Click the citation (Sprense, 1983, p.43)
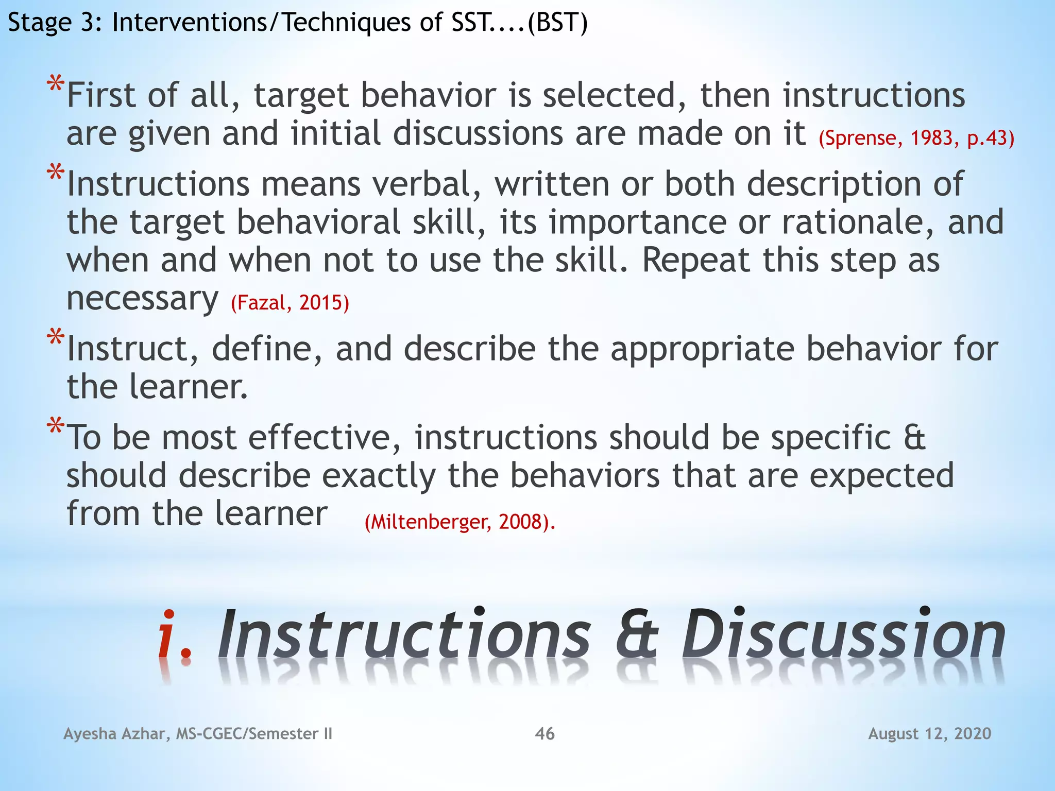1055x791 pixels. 916,138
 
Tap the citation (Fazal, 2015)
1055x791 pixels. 290,302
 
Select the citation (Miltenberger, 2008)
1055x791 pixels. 460,522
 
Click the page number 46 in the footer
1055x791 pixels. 544,733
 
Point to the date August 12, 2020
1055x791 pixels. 929,733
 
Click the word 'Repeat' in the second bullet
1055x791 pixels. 695,260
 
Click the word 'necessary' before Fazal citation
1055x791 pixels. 142,299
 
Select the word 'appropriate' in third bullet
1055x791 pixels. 703,349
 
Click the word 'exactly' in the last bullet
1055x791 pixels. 379,475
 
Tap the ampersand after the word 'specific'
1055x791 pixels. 914,438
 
